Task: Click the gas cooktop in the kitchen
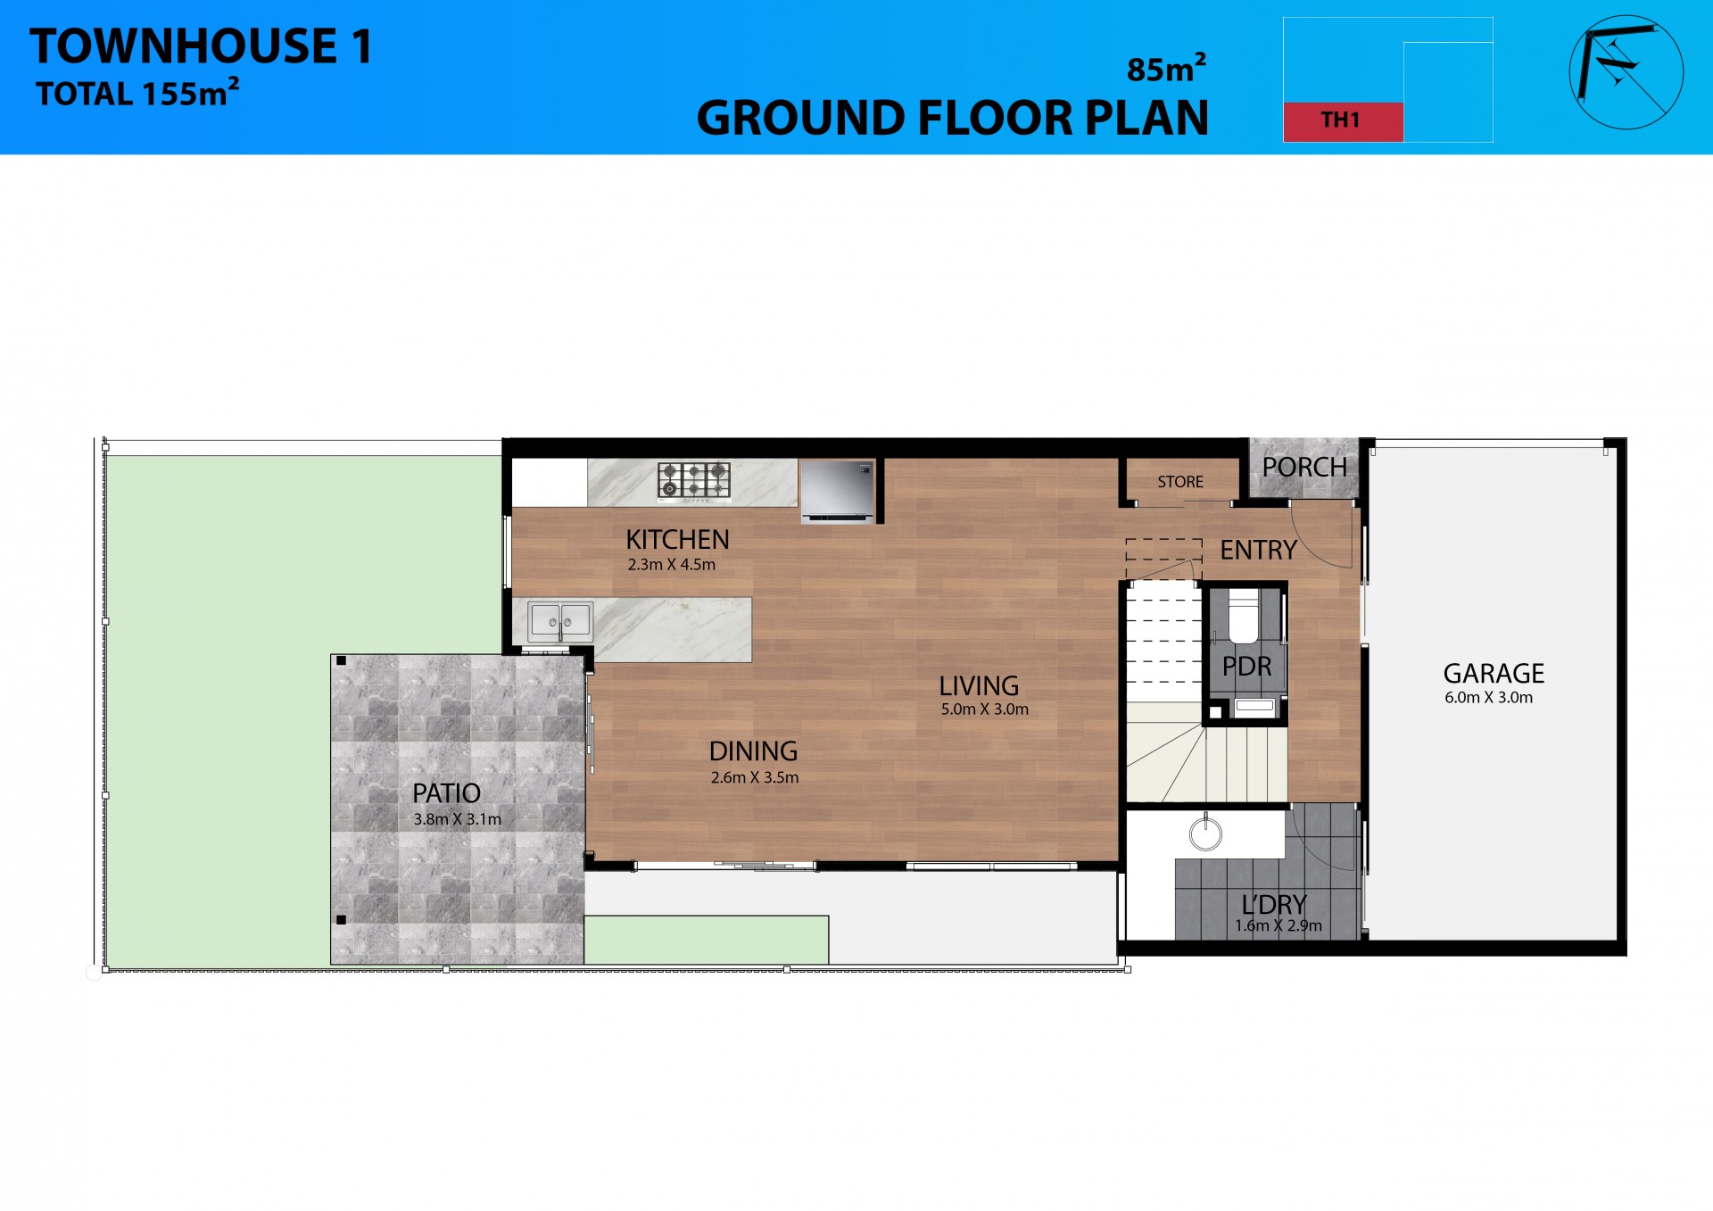click(x=693, y=480)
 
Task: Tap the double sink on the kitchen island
click(x=559, y=621)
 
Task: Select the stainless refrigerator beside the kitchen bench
click(x=837, y=491)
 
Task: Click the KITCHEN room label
click(x=677, y=540)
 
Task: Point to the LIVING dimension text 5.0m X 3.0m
click(x=984, y=709)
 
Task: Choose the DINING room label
click(x=753, y=751)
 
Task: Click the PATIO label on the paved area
click(x=446, y=792)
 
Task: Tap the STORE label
click(x=1179, y=482)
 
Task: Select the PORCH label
click(x=1303, y=467)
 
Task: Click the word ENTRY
click(x=1258, y=550)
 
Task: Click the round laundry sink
click(x=1205, y=834)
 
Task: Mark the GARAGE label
click(x=1494, y=673)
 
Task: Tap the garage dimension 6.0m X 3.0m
click(x=1488, y=698)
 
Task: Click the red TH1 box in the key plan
click(x=1342, y=121)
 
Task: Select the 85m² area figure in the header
click(x=1166, y=68)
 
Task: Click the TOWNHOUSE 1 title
click(x=201, y=46)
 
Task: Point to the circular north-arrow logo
click(x=1626, y=72)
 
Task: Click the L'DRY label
click(x=1273, y=904)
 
